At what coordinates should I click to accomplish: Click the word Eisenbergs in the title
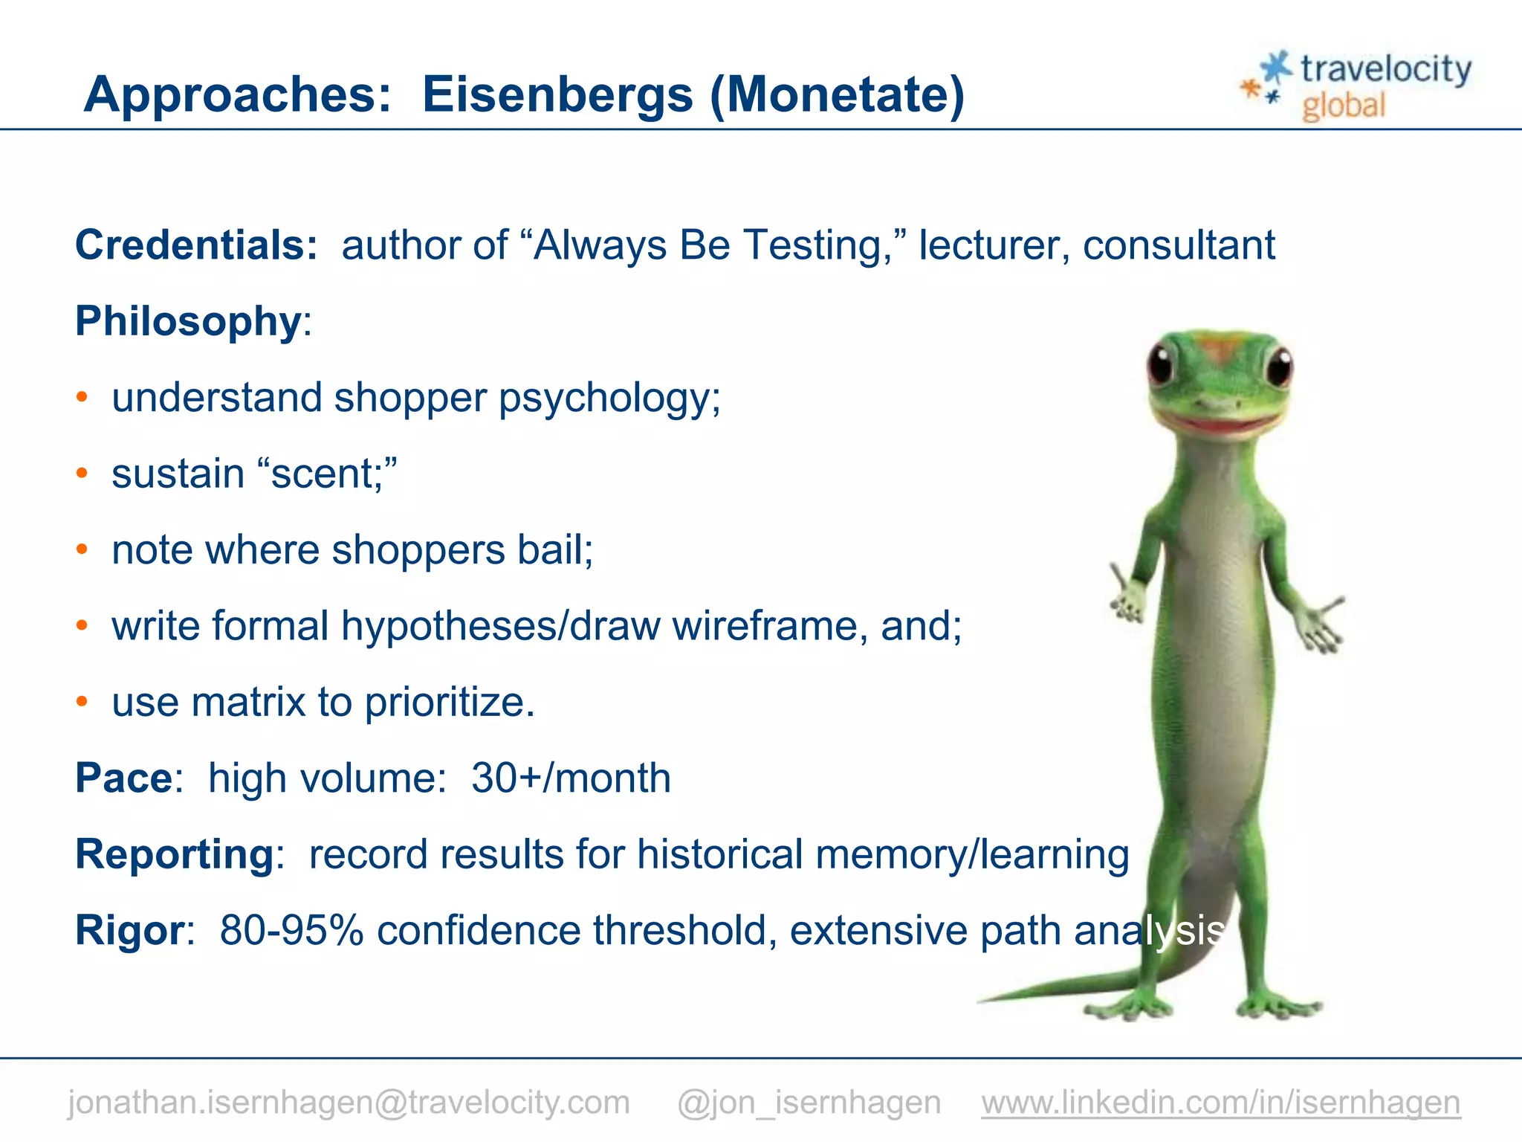tap(557, 95)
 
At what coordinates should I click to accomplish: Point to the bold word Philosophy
tap(188, 322)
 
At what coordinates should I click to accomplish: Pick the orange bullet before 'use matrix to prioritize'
tap(82, 701)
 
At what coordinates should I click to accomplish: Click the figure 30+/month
tap(571, 778)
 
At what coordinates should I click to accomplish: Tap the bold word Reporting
tap(175, 854)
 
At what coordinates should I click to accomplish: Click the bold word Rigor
tap(130, 930)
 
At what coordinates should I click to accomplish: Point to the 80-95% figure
tap(291, 930)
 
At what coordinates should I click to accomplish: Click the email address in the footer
tap(349, 1102)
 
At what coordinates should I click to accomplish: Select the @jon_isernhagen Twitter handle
tap(809, 1102)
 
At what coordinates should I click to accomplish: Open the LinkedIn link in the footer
tap(1220, 1102)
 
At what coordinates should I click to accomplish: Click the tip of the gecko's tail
tap(982, 1000)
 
